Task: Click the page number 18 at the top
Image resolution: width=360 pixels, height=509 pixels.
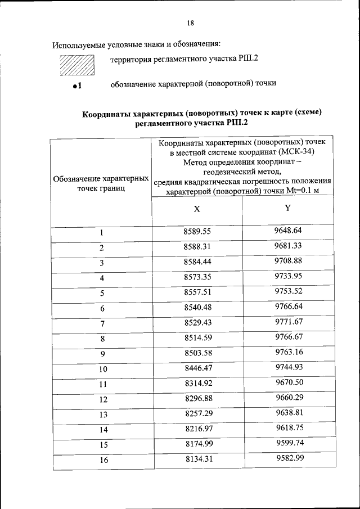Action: pos(190,23)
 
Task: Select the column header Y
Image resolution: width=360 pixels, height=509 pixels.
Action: pos(287,208)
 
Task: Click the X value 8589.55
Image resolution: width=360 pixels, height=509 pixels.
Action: pos(197,232)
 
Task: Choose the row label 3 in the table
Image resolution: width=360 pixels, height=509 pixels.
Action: pos(102,263)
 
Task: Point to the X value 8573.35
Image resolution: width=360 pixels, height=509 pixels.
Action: pos(197,277)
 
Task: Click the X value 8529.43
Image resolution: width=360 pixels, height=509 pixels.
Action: pos(197,323)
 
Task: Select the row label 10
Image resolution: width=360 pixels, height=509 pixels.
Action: pos(102,370)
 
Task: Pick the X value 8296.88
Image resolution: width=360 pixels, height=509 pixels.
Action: pos(197,399)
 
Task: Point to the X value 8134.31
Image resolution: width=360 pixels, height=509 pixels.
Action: pos(197,460)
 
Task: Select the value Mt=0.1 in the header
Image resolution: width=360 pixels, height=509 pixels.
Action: pos(301,191)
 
